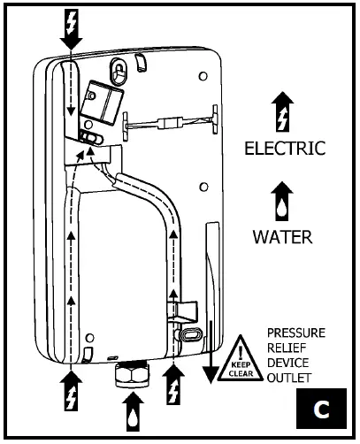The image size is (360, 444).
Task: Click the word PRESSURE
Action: (x=297, y=333)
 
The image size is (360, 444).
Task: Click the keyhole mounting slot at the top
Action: (x=119, y=68)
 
